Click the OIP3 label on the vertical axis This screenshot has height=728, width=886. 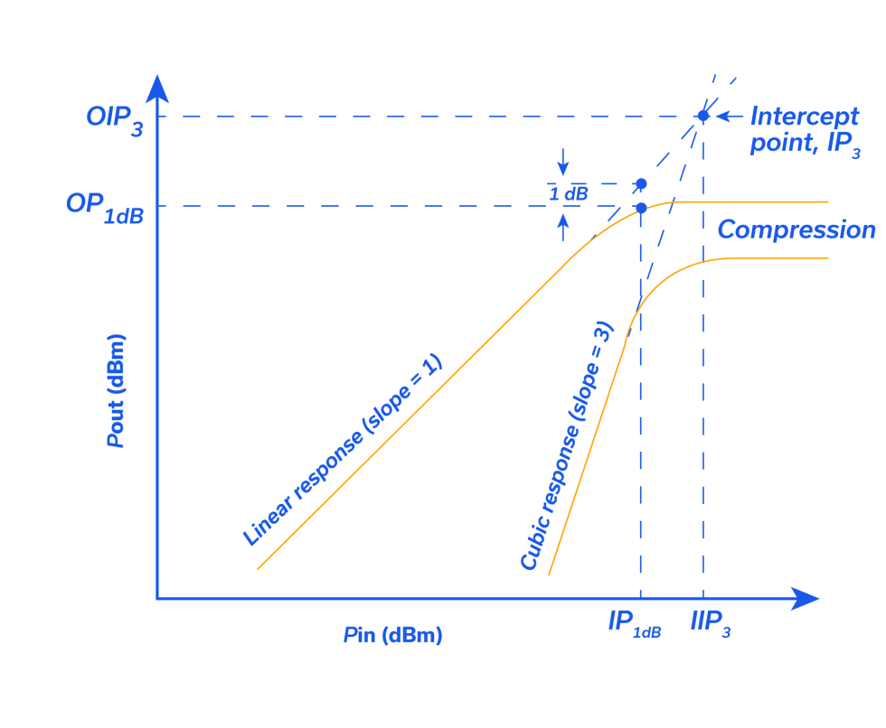point(114,119)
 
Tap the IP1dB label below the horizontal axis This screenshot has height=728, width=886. point(635,624)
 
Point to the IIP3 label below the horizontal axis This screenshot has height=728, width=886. point(710,624)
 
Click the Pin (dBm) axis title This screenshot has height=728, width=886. point(393,635)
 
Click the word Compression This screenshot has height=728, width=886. point(796,230)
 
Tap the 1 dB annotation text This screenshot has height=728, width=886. point(569,192)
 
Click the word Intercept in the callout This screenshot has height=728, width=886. point(804,117)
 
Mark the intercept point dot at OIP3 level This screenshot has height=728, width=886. point(702,116)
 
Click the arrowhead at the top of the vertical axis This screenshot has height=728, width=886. point(157,87)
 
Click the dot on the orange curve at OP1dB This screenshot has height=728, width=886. point(640,207)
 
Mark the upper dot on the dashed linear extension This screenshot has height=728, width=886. point(641,184)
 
